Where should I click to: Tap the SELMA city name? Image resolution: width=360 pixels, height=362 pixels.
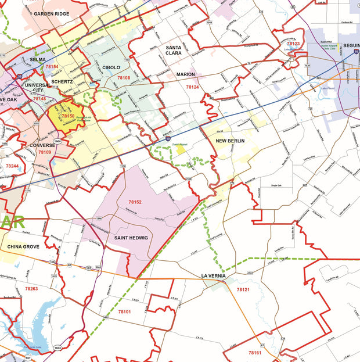click(x=38, y=59)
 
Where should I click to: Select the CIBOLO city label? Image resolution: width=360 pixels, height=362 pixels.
click(x=111, y=67)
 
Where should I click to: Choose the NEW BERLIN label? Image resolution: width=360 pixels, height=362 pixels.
click(x=231, y=141)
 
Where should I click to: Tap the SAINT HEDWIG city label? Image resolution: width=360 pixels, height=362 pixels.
click(x=131, y=238)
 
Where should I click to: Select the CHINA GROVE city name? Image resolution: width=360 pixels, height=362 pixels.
click(x=24, y=247)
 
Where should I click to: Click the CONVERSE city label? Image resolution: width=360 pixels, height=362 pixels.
click(x=41, y=145)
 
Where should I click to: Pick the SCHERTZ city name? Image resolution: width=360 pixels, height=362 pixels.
click(x=62, y=82)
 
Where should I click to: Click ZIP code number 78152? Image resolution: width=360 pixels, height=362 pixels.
click(x=135, y=202)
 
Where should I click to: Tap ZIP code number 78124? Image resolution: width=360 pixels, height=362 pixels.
click(x=192, y=87)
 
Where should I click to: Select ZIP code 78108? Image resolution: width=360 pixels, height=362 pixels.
click(x=124, y=77)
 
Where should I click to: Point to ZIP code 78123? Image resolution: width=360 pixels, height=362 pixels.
click(x=293, y=44)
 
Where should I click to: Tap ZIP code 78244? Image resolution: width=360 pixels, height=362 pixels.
click(x=12, y=166)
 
